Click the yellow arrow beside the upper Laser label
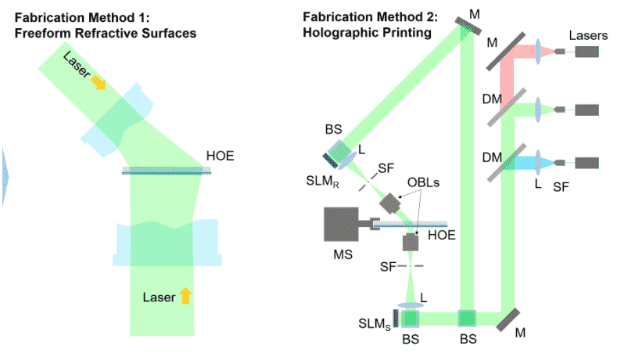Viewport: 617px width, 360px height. [x=99, y=82]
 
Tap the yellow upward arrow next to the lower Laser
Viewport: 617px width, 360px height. [x=186, y=295]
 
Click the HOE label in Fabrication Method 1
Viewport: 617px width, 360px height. [x=220, y=156]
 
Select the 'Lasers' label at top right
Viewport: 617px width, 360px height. [x=588, y=35]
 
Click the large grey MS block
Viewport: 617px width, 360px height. [x=341, y=224]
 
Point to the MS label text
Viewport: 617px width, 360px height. [x=343, y=254]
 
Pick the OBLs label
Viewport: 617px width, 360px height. [x=423, y=182]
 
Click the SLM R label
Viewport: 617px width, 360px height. [x=323, y=182]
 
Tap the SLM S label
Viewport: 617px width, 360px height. [x=375, y=324]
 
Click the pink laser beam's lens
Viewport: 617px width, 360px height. [x=538, y=52]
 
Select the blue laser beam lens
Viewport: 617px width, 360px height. [x=538, y=162]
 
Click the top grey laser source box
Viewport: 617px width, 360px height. [x=587, y=52]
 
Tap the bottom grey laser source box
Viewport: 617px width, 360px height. [x=587, y=163]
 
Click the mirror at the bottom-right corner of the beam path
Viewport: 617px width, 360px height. [x=508, y=320]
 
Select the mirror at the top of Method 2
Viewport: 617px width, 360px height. [x=468, y=26]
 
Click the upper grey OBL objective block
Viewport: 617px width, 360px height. [x=390, y=203]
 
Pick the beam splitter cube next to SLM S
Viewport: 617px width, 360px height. [x=410, y=319]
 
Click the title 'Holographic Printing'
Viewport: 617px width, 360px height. [x=367, y=32]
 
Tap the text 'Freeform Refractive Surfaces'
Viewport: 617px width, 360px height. [x=106, y=33]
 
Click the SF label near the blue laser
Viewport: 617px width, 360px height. [x=561, y=187]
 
